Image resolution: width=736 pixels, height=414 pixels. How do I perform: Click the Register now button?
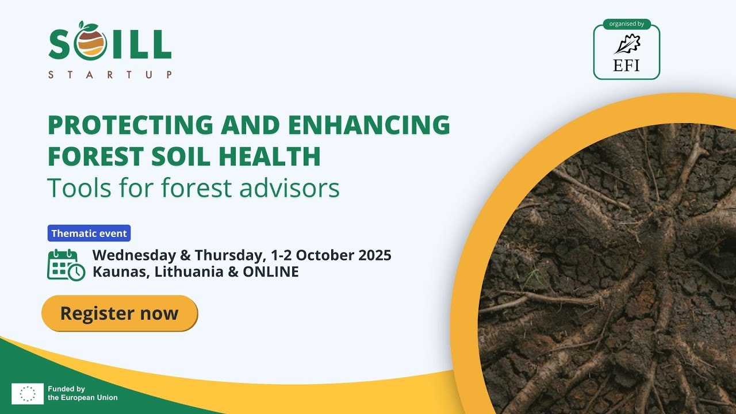120,313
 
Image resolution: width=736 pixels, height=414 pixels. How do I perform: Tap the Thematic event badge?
89,233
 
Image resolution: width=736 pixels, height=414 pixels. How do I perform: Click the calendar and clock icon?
66,264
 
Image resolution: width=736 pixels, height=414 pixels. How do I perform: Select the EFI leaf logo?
626,44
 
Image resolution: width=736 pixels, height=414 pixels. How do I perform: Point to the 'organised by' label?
626,24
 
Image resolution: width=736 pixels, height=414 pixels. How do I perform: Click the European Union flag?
28,393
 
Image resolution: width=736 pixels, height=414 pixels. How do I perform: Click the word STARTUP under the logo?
110,75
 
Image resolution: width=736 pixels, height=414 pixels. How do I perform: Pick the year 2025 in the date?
374,255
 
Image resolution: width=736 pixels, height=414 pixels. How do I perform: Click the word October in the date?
325,255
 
